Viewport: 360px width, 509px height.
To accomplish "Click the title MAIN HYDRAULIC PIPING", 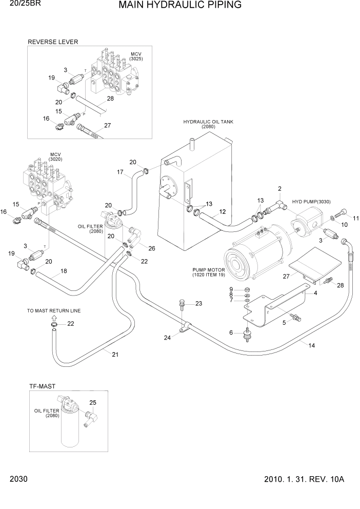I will [x=180, y=6].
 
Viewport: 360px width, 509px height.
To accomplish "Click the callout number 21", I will [x=115, y=354].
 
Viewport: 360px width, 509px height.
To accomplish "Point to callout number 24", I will [x=167, y=337].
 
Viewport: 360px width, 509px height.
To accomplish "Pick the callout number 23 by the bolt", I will [x=199, y=303].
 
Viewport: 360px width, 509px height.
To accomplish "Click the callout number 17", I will [x=121, y=172].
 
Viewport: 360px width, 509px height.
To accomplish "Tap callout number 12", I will [x=222, y=211].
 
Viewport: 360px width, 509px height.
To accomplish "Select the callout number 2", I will [x=279, y=189].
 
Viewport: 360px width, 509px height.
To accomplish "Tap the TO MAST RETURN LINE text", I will [x=54, y=311].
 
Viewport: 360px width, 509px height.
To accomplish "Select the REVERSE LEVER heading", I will [x=53, y=42].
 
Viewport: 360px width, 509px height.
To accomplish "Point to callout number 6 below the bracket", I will [x=231, y=333].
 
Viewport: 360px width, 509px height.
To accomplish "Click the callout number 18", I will [x=64, y=270].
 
